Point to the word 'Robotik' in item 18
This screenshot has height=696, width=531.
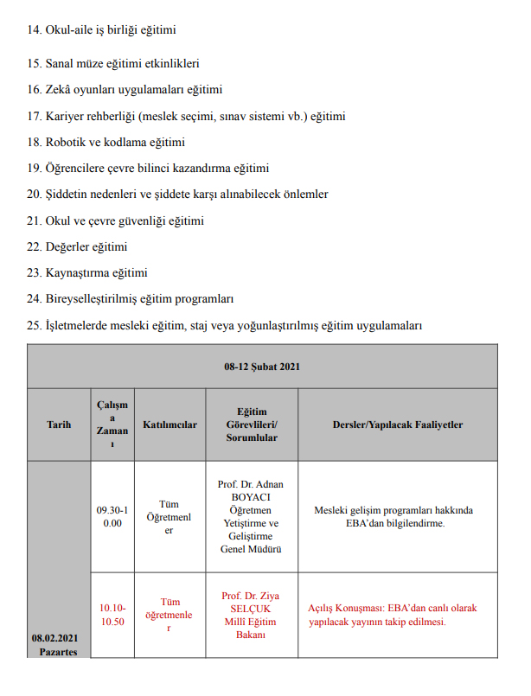67,142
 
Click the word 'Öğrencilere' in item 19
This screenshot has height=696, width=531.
74,168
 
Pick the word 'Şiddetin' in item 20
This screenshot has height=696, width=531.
67,195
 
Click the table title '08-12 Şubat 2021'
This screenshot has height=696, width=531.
262,367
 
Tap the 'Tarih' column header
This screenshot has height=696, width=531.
59,425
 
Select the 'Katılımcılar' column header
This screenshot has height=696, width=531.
169,425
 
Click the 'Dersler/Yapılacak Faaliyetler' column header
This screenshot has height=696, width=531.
398,425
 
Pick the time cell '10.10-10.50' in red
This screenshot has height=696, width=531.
111,615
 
